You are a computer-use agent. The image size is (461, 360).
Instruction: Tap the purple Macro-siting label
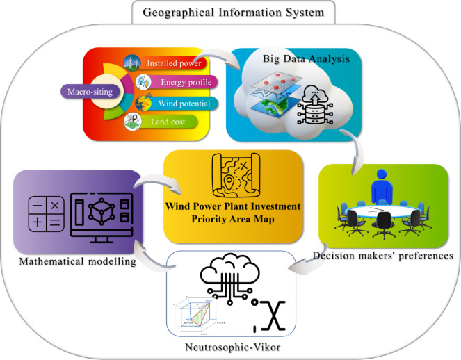tap(89, 90)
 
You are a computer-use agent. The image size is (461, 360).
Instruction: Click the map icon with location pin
tap(234, 177)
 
